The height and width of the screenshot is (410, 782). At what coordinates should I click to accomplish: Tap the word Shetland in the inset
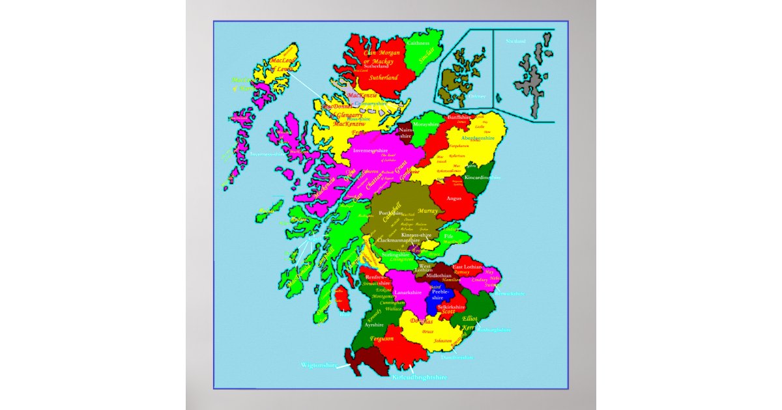pyautogui.click(x=515, y=41)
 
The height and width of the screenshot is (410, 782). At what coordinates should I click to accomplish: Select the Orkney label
pyautogui.click(x=459, y=96)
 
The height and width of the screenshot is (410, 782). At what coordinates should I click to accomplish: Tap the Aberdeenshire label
pyautogui.click(x=478, y=138)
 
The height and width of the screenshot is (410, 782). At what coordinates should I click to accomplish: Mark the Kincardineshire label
pyautogui.click(x=483, y=177)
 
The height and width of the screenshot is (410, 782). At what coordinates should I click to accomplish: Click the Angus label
pyautogui.click(x=454, y=198)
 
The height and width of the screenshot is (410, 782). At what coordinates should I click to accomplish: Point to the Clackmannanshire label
pyautogui.click(x=399, y=240)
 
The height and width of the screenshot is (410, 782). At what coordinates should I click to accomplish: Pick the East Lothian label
pyautogui.click(x=468, y=267)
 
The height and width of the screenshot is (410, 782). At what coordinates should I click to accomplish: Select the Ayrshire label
pyautogui.click(x=374, y=324)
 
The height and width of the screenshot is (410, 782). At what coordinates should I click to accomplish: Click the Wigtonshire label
pyautogui.click(x=319, y=365)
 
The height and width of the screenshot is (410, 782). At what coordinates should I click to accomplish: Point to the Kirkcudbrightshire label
pyautogui.click(x=418, y=377)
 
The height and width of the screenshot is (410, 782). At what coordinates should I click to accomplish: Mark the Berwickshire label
pyautogui.click(x=510, y=294)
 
